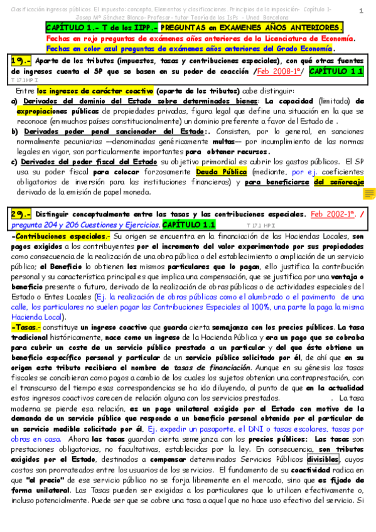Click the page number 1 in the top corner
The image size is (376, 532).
point(361,11)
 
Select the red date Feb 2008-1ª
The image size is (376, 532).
point(277,72)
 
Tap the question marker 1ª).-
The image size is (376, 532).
point(22,61)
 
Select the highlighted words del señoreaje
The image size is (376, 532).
point(340,182)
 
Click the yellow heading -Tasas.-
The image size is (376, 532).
point(26,327)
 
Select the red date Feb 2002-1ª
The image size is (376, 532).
point(331,214)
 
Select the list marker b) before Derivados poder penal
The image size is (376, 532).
point(14,132)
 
